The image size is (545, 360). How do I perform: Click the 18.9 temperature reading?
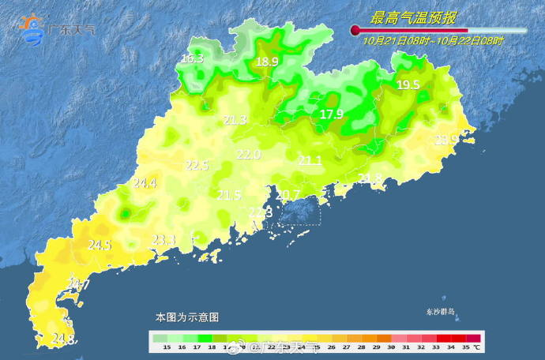[x=267, y=62]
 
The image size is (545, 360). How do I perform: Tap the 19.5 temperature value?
[x=408, y=85]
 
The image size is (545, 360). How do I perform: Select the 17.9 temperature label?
[x=332, y=114]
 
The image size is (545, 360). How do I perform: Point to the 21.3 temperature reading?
[x=235, y=120]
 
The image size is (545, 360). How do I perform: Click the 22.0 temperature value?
[x=249, y=155]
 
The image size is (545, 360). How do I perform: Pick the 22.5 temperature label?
[x=197, y=166]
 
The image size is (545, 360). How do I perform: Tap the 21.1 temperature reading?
[x=310, y=161]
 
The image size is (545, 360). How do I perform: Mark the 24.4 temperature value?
[x=145, y=183]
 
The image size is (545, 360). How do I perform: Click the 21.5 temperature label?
[x=229, y=195]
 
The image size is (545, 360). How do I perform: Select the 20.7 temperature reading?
[x=288, y=195]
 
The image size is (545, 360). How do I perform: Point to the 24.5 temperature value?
[x=99, y=246]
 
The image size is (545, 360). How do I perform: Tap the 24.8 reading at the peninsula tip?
[x=63, y=339]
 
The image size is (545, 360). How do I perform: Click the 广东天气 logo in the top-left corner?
[x=57, y=30]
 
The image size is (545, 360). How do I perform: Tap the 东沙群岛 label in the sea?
[x=440, y=313]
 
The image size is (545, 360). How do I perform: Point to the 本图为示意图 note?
[x=187, y=317]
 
